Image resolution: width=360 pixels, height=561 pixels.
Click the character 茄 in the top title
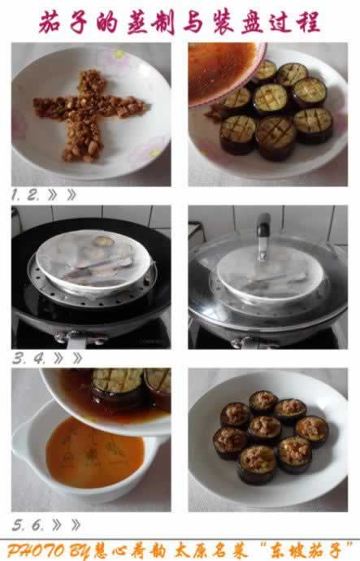[x=50, y=22]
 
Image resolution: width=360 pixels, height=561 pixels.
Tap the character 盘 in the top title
[x=253, y=23]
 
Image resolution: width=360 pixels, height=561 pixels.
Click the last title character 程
[x=308, y=22]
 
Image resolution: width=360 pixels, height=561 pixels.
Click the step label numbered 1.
[x=15, y=195]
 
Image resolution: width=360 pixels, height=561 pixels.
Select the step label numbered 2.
[x=32, y=195]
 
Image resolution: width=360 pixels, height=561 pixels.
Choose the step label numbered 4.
[x=39, y=358]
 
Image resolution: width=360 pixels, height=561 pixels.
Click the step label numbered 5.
[x=18, y=525]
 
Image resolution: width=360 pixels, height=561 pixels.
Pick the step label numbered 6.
[x=37, y=525]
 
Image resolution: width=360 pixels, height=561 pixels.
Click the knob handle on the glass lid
[x=263, y=236]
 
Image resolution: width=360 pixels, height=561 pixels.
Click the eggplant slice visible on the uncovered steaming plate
[x=103, y=241]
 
